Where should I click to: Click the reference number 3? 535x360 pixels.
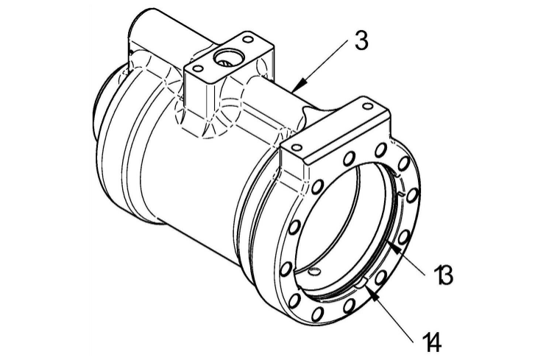pyautogui.click(x=360, y=40)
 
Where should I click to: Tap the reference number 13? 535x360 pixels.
pyautogui.click(x=443, y=276)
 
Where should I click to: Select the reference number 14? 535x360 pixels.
pyautogui.click(x=432, y=341)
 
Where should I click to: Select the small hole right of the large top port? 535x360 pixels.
pyautogui.click(x=247, y=38)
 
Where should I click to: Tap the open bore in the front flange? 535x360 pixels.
pyautogui.click(x=346, y=221)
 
